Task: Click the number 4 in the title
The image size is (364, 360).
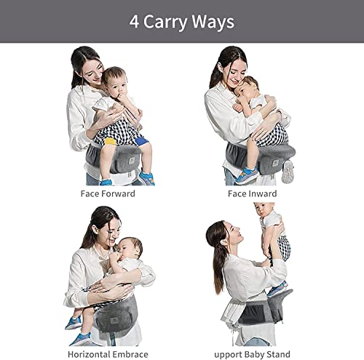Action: (135, 22)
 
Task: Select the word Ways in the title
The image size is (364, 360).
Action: (215, 22)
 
